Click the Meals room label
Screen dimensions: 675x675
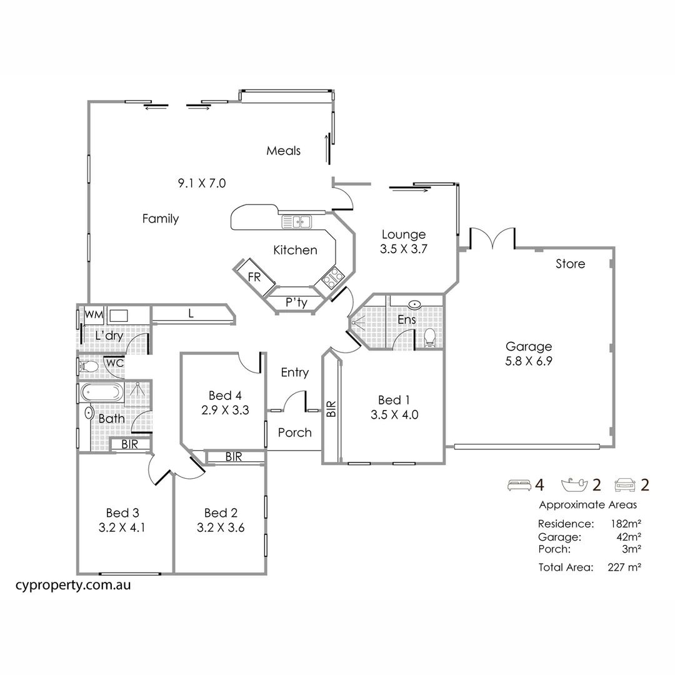pyautogui.click(x=283, y=151)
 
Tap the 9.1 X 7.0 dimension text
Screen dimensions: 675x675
pyautogui.click(x=201, y=183)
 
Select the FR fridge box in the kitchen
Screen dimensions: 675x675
pyautogui.click(x=254, y=277)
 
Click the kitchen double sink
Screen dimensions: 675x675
pyautogui.click(x=297, y=221)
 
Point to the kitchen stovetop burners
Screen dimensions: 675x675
pyautogui.click(x=331, y=275)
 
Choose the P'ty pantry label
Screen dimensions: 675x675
pyautogui.click(x=296, y=303)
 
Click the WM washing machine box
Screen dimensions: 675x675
pyautogui.click(x=94, y=314)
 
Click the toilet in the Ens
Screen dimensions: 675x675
pyautogui.click(x=429, y=338)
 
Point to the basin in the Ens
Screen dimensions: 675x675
pyautogui.click(x=415, y=304)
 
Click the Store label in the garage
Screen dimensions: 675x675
pyautogui.click(x=570, y=264)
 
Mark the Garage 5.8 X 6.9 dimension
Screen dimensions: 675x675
pyautogui.click(x=529, y=361)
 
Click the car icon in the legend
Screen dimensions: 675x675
pyautogui.click(x=626, y=484)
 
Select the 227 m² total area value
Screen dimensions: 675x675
pyautogui.click(x=625, y=567)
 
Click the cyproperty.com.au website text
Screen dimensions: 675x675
pyautogui.click(x=72, y=586)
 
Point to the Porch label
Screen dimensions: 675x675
pyautogui.click(x=294, y=432)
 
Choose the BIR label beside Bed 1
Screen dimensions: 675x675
pyautogui.click(x=331, y=409)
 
